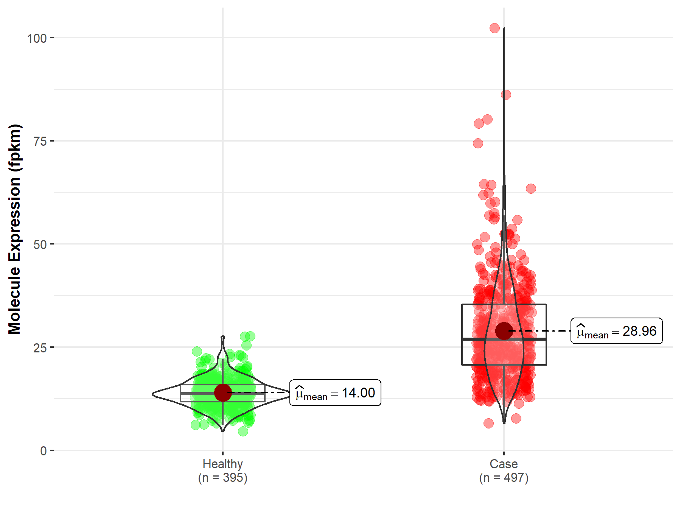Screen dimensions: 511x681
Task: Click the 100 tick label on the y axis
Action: (37, 38)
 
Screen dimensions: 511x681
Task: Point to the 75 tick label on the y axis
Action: (40, 141)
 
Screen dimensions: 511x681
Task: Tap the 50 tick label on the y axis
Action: (40, 245)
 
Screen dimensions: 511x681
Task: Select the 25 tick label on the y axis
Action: (40, 348)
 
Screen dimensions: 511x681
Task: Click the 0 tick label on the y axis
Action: (43, 451)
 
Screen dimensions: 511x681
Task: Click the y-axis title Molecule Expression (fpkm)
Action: (15, 229)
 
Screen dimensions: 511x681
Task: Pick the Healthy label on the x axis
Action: (222, 464)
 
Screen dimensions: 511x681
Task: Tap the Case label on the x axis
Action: (504, 464)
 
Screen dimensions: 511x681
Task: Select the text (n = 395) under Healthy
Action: (222, 478)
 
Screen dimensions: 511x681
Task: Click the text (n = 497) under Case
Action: (504, 478)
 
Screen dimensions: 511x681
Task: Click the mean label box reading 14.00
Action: (335, 393)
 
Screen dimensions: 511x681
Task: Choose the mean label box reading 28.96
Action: (616, 331)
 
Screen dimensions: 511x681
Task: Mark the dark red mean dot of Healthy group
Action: (223, 393)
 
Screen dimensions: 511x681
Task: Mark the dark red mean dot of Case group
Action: (504, 331)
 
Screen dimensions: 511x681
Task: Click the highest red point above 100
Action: (494, 28)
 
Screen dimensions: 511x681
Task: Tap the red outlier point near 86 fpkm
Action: (506, 95)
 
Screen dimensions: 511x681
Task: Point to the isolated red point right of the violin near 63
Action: (531, 189)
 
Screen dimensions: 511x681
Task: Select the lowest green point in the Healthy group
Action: (243, 431)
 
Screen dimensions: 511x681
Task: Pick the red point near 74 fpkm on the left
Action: (478, 143)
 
